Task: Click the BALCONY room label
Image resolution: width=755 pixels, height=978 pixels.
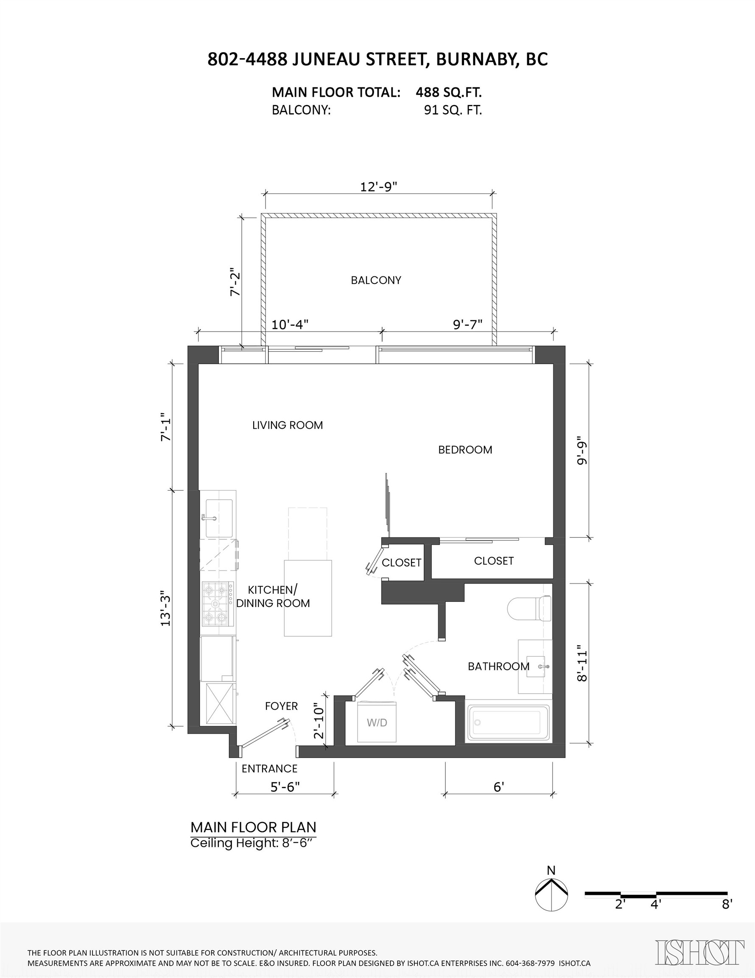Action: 375,280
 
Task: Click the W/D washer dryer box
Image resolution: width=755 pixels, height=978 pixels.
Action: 376,722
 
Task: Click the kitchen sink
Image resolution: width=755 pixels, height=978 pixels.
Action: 218,518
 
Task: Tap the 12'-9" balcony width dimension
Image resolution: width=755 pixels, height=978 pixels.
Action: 379,186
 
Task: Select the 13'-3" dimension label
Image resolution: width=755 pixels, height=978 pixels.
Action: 165,610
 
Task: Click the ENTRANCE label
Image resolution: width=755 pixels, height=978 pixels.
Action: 269,768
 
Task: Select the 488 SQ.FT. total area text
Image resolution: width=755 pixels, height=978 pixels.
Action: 448,93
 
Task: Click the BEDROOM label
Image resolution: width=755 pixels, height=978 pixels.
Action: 465,450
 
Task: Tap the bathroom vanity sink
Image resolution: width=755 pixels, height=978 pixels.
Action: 535,666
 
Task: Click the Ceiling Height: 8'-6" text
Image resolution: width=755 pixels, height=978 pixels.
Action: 253,843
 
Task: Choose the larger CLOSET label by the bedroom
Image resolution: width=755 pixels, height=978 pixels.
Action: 494,561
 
